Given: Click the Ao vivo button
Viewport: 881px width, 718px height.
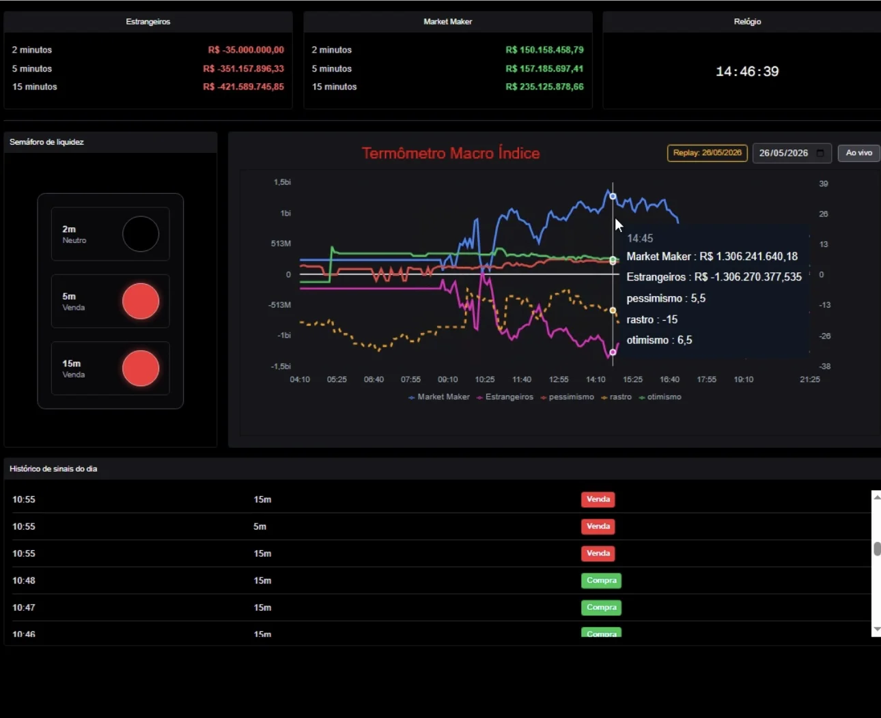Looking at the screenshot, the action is tap(858, 153).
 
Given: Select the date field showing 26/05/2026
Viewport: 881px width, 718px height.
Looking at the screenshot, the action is tap(792, 153).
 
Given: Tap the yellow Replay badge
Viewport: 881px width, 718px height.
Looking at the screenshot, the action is tap(707, 153).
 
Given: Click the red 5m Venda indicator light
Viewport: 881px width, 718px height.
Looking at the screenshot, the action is tap(141, 301).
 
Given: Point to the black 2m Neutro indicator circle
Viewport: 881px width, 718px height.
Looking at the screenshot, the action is tap(141, 234).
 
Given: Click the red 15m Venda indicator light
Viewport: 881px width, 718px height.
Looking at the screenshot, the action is tap(141, 368).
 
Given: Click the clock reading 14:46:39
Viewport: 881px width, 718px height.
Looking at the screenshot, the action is tap(747, 72).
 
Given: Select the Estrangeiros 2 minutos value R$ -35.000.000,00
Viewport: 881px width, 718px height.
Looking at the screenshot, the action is tap(246, 50).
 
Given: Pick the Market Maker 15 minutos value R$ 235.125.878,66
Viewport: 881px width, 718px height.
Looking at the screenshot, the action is tap(544, 87).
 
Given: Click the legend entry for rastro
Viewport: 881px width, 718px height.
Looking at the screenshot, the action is tap(617, 397).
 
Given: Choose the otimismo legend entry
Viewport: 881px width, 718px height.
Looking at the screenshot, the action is tap(660, 397).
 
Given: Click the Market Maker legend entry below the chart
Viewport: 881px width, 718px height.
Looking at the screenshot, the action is tap(439, 397).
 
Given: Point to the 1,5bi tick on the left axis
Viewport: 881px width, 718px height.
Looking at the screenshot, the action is tap(282, 182).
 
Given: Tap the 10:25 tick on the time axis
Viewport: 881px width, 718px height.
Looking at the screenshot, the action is tap(485, 379).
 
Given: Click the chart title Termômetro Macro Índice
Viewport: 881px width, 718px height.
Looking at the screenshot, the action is tap(451, 153).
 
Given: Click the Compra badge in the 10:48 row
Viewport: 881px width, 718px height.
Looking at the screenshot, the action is tap(601, 580).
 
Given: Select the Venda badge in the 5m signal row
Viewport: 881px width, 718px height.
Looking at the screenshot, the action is tap(598, 526).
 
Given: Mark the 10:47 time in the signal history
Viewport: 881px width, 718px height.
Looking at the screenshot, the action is tap(24, 607).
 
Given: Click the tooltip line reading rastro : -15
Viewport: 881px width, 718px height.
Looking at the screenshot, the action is tap(652, 320).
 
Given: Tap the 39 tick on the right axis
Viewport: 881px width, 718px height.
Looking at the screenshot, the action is tap(824, 184).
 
